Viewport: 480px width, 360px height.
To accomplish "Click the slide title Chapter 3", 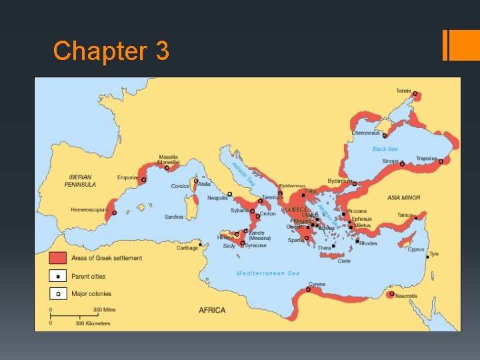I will point(111,51).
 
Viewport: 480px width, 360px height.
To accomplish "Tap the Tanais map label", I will point(403,91).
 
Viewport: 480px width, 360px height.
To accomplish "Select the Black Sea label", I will point(385,149).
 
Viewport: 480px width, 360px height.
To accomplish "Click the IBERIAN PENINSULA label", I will point(80,181).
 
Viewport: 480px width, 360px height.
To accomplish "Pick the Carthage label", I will point(187,248).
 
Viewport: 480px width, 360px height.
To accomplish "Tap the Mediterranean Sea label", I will point(269,273).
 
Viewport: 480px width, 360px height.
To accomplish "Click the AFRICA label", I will point(212,310).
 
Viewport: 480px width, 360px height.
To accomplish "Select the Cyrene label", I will point(317,284).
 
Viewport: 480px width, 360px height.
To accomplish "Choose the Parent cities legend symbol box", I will point(58,276).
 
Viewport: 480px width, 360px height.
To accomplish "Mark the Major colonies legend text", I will point(91,293).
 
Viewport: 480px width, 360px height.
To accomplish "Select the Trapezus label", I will point(427,159).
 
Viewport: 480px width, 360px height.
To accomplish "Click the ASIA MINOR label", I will point(403,198).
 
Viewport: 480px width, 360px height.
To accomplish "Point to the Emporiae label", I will point(128,177).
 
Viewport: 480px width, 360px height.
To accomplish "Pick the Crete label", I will point(344,261).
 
